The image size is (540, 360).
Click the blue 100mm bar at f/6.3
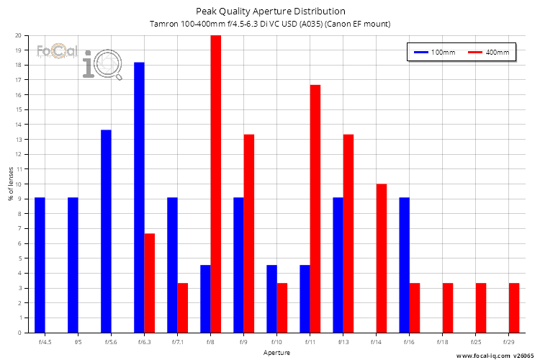(x=139, y=197)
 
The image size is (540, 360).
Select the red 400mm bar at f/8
(x=215, y=184)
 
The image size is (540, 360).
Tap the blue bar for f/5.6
(x=106, y=231)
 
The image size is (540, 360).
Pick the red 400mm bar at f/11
(x=315, y=209)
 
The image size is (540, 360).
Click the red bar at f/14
(x=382, y=258)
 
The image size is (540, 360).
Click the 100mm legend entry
(x=432, y=53)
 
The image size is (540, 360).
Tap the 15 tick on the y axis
(x=18, y=109)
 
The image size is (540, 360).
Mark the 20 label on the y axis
(x=18, y=35)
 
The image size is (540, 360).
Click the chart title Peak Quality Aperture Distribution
(x=270, y=12)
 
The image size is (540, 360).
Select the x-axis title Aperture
(x=276, y=353)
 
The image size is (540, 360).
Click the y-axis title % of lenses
(x=10, y=184)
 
